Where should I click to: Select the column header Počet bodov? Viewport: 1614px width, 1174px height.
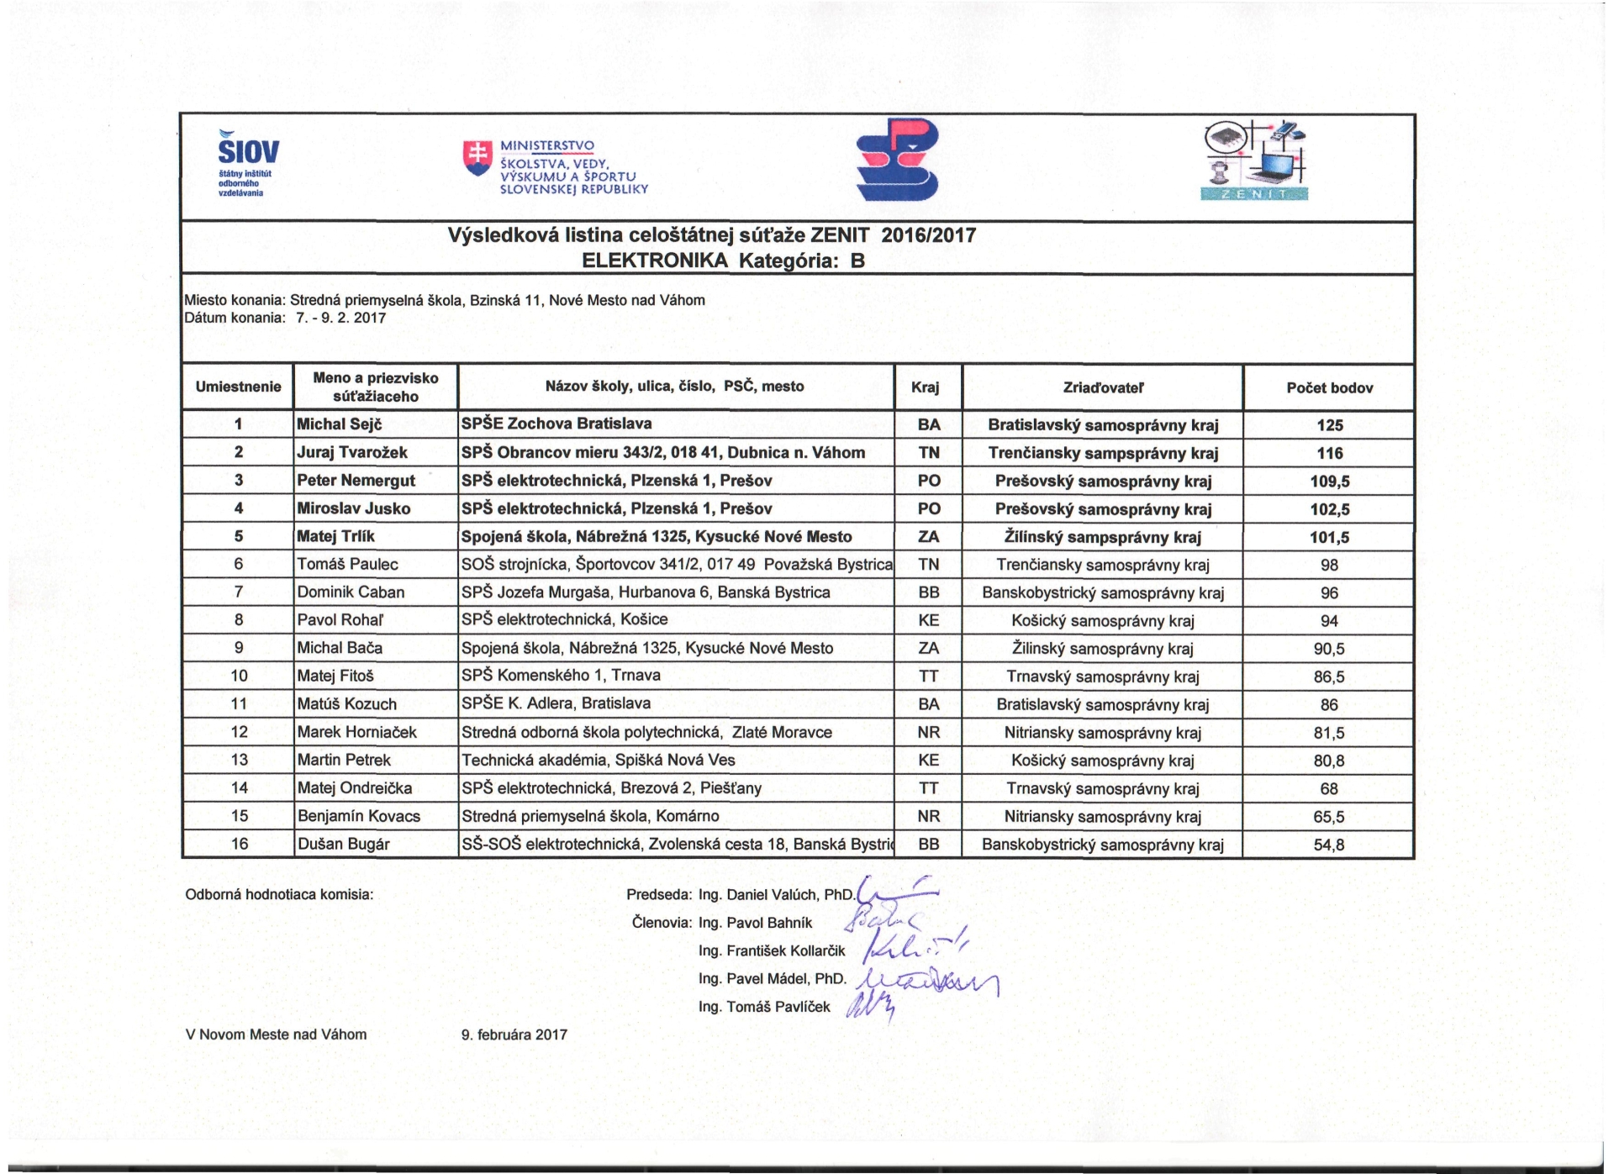(x=1329, y=387)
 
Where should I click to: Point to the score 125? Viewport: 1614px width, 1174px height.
(x=1329, y=425)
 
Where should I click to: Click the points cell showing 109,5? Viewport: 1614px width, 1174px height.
(x=1329, y=482)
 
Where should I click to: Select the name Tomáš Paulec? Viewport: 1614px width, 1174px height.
(x=347, y=564)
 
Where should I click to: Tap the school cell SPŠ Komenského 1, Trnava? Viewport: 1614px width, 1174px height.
(x=561, y=675)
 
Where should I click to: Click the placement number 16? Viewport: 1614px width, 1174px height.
(x=240, y=844)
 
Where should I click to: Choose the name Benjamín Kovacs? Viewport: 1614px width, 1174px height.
(x=358, y=816)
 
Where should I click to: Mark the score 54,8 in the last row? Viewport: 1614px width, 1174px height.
(x=1328, y=845)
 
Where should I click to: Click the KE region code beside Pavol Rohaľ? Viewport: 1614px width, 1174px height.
(x=928, y=620)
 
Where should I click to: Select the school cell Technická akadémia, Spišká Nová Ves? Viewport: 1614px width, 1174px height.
(x=598, y=760)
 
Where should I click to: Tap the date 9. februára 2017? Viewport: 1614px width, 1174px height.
(x=514, y=1034)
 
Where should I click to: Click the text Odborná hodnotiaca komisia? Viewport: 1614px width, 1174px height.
(x=279, y=895)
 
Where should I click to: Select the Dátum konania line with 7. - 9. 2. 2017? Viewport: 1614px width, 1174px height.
(x=285, y=318)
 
